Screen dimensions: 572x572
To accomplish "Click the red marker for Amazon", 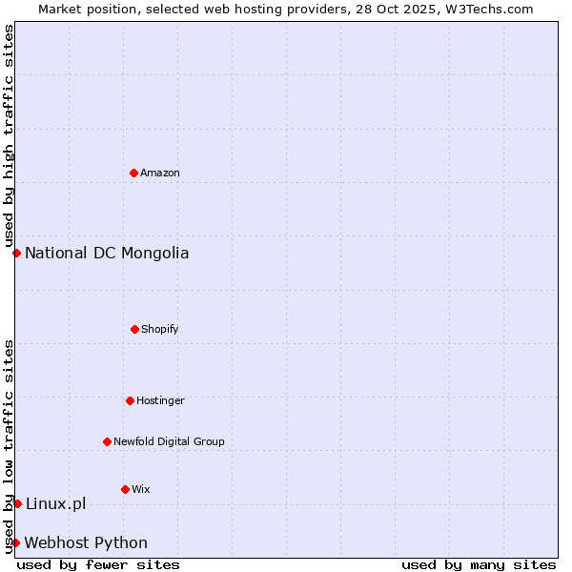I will pyautogui.click(x=133, y=173).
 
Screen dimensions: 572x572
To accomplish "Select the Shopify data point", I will pyautogui.click(x=134, y=329).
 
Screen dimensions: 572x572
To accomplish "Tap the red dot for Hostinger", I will pyautogui.click(x=130, y=400).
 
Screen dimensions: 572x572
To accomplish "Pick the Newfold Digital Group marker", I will pyautogui.click(x=107, y=441).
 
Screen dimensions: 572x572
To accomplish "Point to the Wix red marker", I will pyautogui.click(x=125, y=489).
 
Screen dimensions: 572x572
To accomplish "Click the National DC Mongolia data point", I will pyautogui.click(x=16, y=253).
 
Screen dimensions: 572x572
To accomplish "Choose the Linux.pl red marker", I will pyautogui.click(x=17, y=503).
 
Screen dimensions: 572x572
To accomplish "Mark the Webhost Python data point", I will pyautogui.click(x=15, y=542).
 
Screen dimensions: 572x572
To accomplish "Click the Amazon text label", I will pyautogui.click(x=160, y=173).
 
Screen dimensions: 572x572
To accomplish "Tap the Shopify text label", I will pyautogui.click(x=160, y=329).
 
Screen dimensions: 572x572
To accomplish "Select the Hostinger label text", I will pyautogui.click(x=160, y=400).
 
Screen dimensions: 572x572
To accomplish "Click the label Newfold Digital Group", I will pyautogui.click(x=169, y=441).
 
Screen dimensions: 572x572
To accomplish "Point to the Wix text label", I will pyautogui.click(x=141, y=489).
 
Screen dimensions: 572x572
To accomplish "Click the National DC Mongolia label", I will pyautogui.click(x=107, y=253).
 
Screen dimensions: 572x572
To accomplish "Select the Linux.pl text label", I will pyautogui.click(x=55, y=503).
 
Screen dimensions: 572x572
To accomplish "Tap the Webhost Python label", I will pyautogui.click(x=86, y=542).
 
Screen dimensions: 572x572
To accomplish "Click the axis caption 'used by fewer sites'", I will pyautogui.click(x=98, y=564).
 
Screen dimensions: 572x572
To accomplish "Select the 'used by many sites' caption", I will pyautogui.click(x=479, y=564).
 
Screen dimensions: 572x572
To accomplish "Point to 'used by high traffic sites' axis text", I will pyautogui.click(x=9, y=136).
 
